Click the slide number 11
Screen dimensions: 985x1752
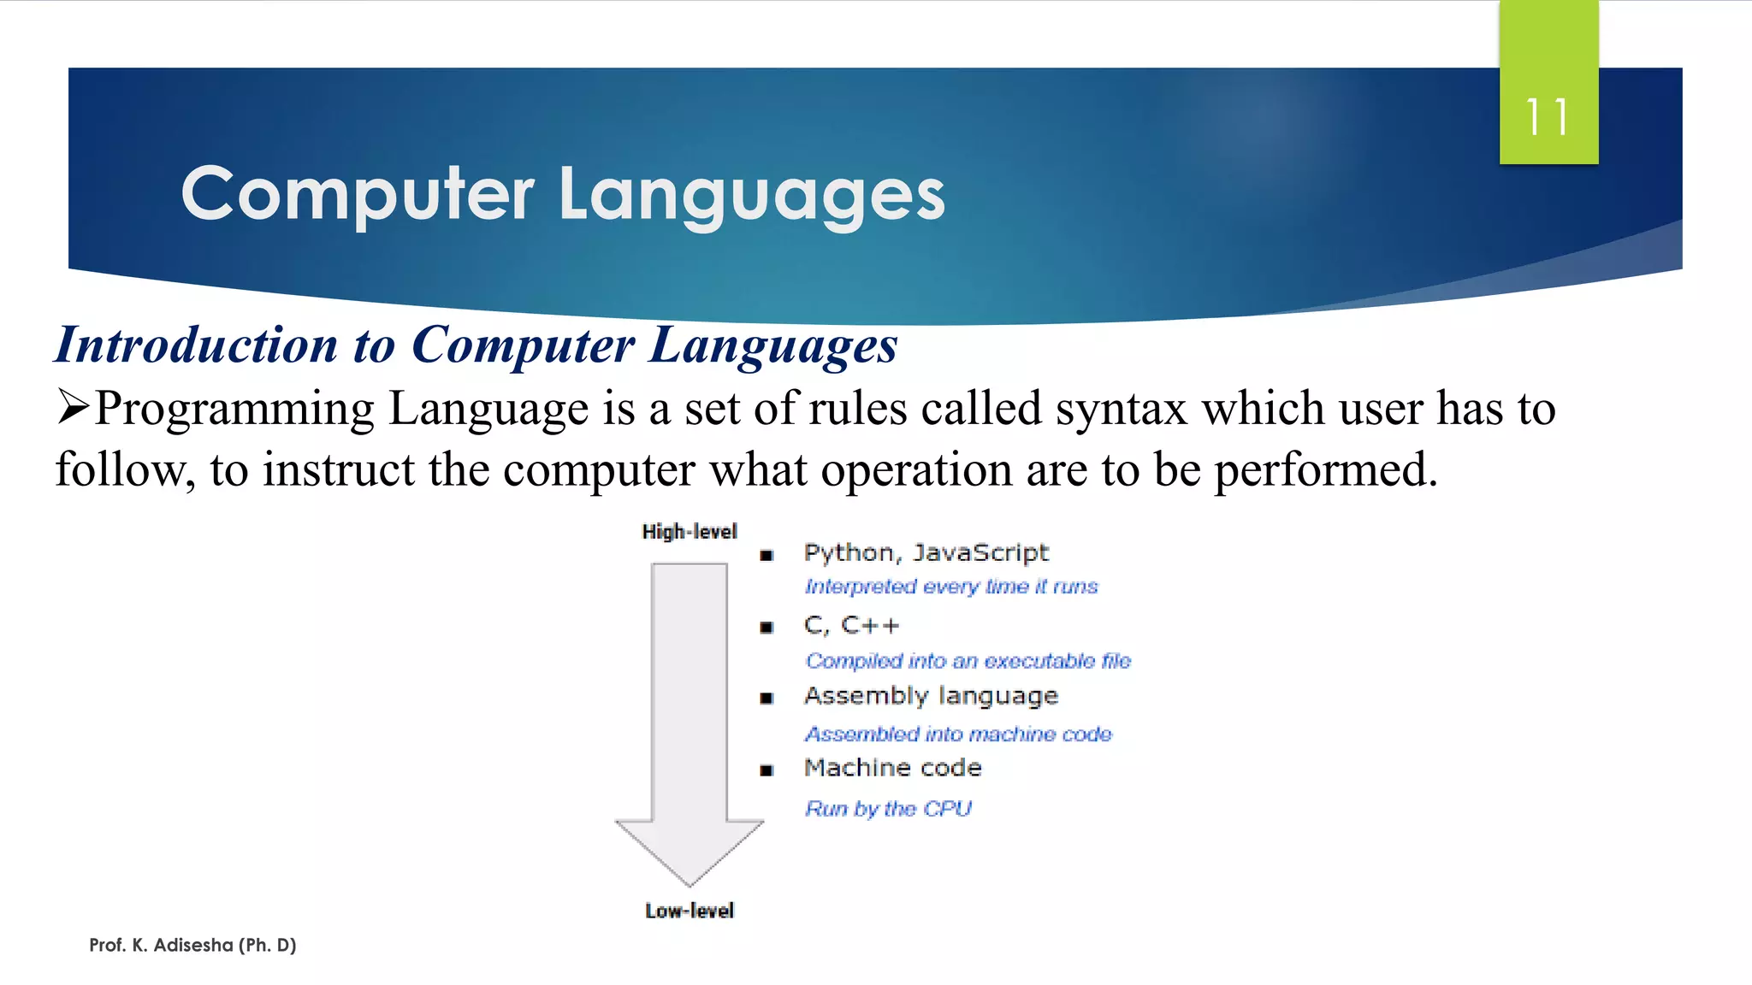(1548, 117)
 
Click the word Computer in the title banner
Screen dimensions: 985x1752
(358, 195)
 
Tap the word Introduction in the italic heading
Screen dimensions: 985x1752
(196, 345)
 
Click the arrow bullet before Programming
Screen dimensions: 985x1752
(74, 406)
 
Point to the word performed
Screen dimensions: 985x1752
(1325, 469)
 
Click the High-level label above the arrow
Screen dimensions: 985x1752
(689, 532)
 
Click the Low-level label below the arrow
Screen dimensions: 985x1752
(690, 911)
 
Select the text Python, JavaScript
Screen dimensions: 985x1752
(926, 553)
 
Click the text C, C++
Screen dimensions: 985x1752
(851, 626)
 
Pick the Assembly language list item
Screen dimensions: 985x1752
(931, 696)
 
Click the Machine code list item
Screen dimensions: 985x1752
(892, 768)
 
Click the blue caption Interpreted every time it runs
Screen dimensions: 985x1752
(950, 587)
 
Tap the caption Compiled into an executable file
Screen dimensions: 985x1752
(968, 661)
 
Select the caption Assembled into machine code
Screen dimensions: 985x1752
(958, 734)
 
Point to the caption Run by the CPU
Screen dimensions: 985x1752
(888, 809)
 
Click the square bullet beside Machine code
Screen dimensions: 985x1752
(766, 770)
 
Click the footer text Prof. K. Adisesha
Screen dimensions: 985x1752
(192, 945)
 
